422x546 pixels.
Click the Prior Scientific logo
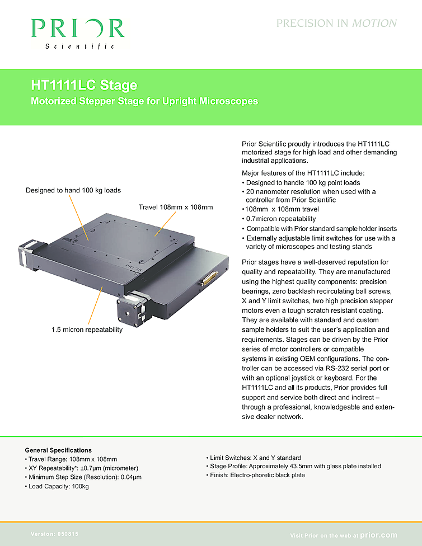[x=77, y=32]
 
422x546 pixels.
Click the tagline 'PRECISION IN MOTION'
[x=336, y=23]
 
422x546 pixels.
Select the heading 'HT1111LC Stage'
[x=83, y=86]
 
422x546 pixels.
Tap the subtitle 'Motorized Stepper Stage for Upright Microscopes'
[x=144, y=101]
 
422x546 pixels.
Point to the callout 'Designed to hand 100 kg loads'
[x=73, y=190]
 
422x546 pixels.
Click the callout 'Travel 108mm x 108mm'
[x=176, y=208]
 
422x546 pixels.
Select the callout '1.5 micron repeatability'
[x=87, y=330]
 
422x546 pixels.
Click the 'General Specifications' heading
[x=58, y=450]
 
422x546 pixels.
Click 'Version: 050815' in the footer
[x=54, y=534]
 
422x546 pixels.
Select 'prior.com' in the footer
[x=378, y=535]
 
